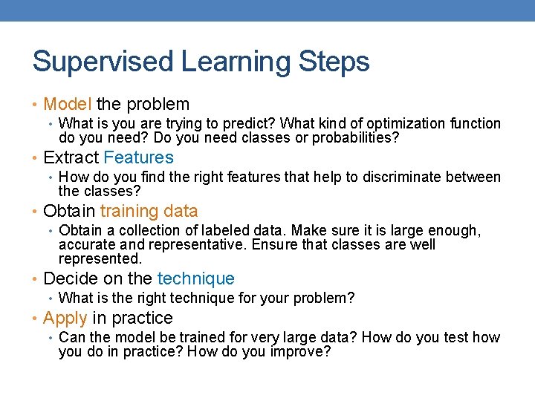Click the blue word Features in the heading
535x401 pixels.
point(138,158)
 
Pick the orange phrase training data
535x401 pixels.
point(149,212)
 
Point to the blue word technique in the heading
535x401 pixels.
point(195,279)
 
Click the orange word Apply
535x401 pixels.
point(65,319)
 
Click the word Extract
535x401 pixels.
point(71,158)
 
